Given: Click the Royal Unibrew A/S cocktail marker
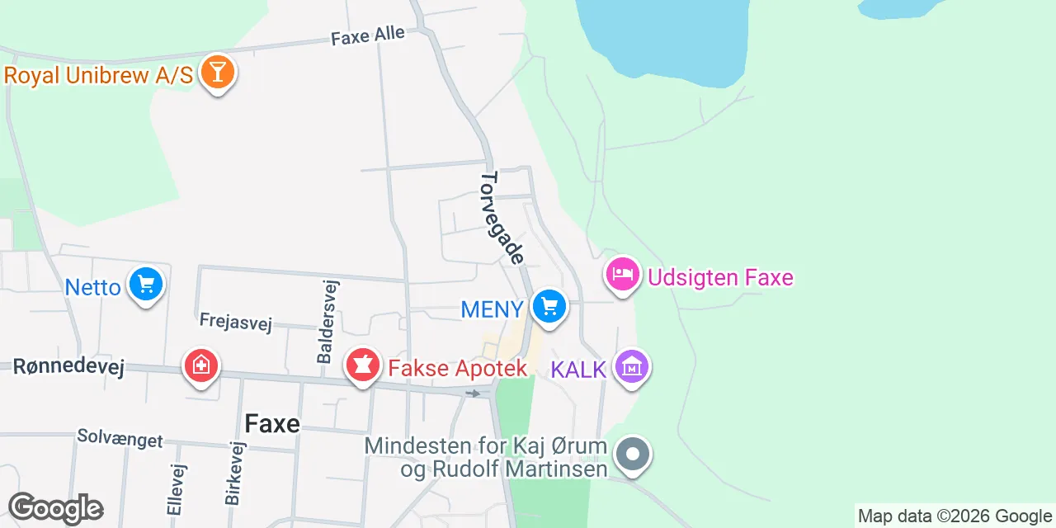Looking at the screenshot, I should pos(217,73).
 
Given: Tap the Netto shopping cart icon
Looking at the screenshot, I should pos(146,285).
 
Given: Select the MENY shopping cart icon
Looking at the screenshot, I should pos(549,308).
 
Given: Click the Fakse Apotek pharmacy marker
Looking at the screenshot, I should pos(362,365).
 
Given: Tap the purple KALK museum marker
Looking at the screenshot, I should pos(633,367).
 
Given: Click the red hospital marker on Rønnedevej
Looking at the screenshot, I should pos(200,365).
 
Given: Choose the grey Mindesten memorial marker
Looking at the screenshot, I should pos(633,455).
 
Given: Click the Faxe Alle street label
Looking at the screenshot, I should pos(368,35).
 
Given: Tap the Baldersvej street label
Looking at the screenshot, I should pos(326,321).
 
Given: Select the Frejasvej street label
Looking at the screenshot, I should pos(235,321).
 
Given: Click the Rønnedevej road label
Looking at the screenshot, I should pos(68,367).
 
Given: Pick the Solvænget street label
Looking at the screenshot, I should pos(120,438).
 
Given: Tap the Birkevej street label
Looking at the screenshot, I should pos(235,473).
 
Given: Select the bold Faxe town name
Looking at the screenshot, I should pos(272,424).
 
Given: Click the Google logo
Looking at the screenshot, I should pos(55,509).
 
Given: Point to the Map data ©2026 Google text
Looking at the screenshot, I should pos(955,516).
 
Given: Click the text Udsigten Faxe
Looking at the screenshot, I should pos(720,277).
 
